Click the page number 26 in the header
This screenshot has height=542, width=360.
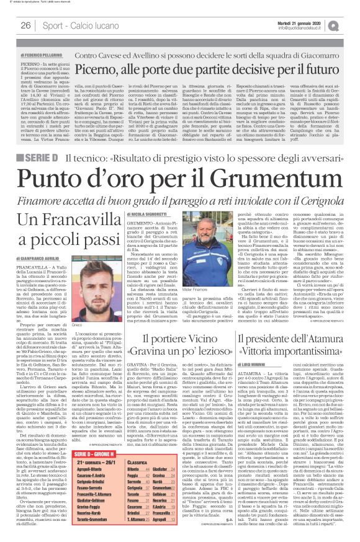(x=25, y=25)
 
